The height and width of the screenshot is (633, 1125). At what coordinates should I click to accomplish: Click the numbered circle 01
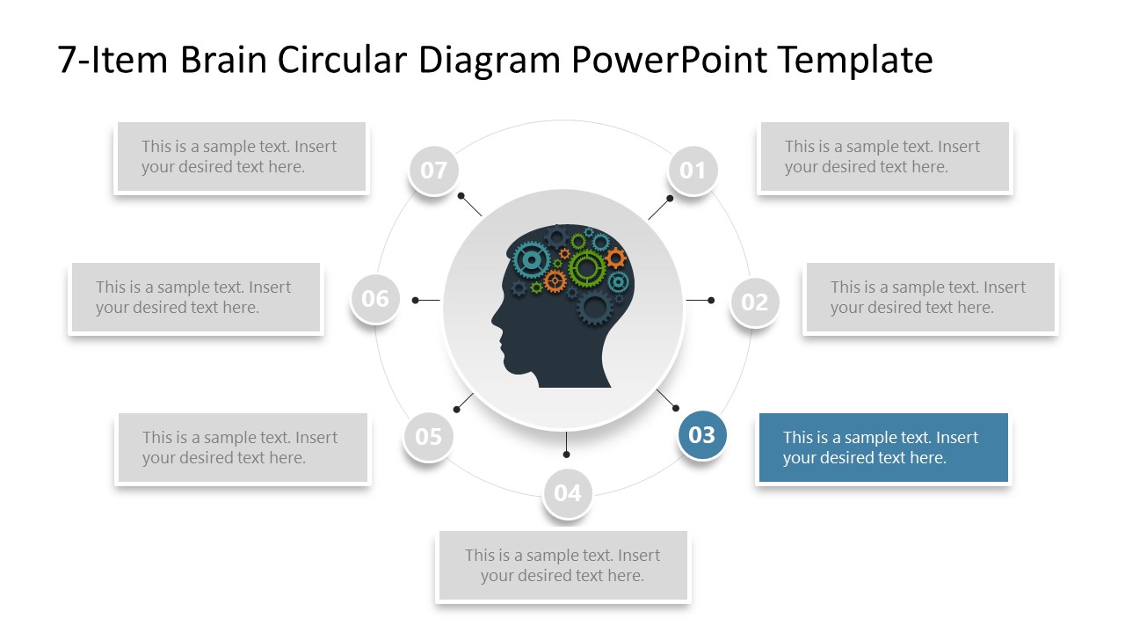tap(693, 171)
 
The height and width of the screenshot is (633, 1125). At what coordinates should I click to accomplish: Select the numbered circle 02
tap(754, 302)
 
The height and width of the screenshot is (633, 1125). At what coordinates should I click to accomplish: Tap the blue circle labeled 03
tap(701, 434)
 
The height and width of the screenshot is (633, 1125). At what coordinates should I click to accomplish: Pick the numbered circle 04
tap(568, 493)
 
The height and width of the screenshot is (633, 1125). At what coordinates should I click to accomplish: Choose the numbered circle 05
tap(428, 437)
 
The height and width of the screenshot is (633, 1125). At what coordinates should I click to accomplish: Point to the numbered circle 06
tap(375, 299)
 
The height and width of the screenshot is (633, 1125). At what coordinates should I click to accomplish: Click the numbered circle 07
tap(433, 171)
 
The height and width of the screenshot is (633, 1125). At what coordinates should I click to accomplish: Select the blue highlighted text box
tap(883, 447)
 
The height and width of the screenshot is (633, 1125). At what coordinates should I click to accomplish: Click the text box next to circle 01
tap(884, 157)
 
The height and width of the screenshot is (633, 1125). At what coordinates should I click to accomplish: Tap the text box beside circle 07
tap(241, 157)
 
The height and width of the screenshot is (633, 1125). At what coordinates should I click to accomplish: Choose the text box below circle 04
tap(562, 565)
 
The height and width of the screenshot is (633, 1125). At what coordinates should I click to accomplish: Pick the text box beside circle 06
tap(195, 297)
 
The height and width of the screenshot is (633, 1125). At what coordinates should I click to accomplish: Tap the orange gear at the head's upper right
tap(616, 258)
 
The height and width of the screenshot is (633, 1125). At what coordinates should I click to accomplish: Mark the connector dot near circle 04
tap(566, 454)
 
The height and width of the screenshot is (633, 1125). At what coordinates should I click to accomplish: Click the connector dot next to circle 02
tap(711, 300)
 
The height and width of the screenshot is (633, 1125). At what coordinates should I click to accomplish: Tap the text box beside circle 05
tap(243, 447)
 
